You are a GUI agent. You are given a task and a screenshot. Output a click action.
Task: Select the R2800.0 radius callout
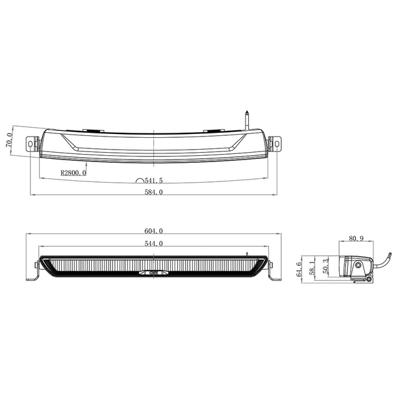[74, 173]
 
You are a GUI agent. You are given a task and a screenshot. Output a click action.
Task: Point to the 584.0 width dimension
[153, 193]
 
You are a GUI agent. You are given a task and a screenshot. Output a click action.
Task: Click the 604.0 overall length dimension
[153, 231]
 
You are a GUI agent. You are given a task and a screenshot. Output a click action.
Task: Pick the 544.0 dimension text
[153, 244]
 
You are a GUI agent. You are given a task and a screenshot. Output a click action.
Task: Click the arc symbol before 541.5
[140, 180]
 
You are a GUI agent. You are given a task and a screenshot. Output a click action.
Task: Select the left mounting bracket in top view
[32, 143]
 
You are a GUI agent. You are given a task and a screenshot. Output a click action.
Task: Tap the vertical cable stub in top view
[248, 119]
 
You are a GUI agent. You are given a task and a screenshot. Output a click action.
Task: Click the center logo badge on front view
[153, 272]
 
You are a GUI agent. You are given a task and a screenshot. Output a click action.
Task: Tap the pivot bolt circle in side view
[359, 267]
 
